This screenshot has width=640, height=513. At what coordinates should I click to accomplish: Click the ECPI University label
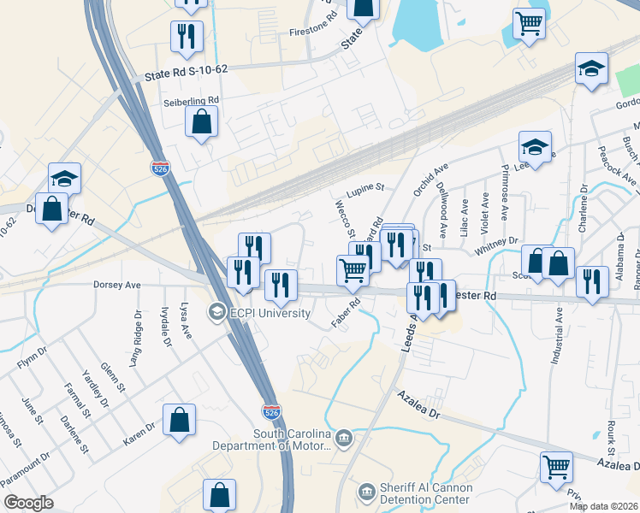(271, 313)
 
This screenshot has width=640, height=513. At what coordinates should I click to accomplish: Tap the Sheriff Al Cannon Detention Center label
(425, 493)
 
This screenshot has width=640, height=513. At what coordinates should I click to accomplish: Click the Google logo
(28, 503)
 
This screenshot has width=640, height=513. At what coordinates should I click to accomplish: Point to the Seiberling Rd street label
(192, 100)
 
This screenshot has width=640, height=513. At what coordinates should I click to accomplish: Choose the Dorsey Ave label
(116, 285)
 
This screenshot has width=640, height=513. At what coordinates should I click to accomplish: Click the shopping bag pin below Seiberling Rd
(202, 121)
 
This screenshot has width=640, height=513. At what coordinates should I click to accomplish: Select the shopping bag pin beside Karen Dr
(180, 420)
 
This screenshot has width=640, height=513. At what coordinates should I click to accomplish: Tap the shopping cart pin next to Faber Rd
(353, 270)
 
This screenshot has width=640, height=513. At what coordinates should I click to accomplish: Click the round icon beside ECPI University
(217, 312)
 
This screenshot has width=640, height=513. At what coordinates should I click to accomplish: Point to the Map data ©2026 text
(603, 506)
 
